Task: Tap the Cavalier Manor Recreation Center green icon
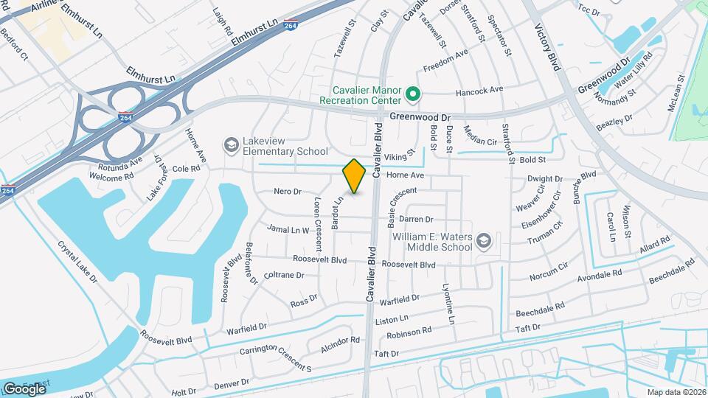pyautogui.click(x=413, y=95)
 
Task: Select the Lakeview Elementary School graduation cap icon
pyautogui.click(x=232, y=144)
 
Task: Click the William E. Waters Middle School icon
pyautogui.click(x=483, y=241)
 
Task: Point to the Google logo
pyautogui.click(x=24, y=388)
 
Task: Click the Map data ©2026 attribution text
pyautogui.click(x=676, y=392)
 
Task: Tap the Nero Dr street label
pyautogui.click(x=288, y=192)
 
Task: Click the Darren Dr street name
pyautogui.click(x=415, y=219)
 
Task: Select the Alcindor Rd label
pyautogui.click(x=340, y=344)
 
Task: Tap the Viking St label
pyautogui.click(x=395, y=157)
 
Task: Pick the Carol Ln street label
pyautogui.click(x=611, y=227)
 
